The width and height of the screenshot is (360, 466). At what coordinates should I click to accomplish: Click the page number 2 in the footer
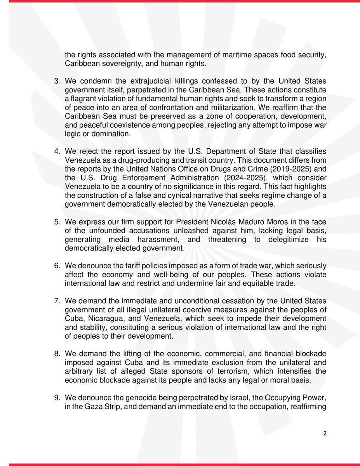coord(325,434)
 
